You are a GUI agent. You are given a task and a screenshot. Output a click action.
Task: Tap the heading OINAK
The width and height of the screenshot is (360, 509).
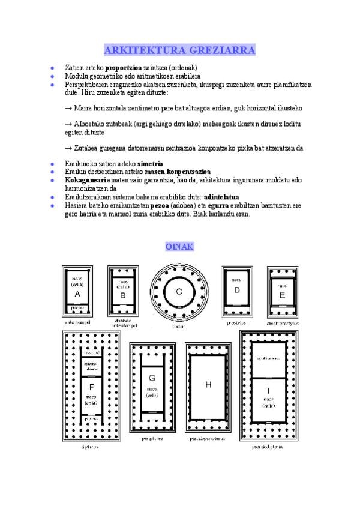[179, 247]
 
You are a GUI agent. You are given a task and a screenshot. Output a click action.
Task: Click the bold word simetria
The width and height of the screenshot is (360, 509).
[150, 163]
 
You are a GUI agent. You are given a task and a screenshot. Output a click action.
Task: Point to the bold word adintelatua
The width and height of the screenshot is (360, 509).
[221, 196]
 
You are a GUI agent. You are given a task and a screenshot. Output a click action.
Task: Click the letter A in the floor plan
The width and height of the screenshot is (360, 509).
[77, 294]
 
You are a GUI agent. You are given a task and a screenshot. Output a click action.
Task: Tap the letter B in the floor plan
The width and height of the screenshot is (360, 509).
[122, 295]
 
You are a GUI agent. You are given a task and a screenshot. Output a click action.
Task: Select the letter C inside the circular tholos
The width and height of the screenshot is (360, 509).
[179, 292]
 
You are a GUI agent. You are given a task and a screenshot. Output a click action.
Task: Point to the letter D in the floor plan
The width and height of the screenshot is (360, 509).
[237, 290]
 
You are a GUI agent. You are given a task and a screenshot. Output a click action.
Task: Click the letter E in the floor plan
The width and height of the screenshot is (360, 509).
[282, 295]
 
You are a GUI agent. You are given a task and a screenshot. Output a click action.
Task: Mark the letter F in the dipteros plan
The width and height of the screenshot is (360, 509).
[91, 386]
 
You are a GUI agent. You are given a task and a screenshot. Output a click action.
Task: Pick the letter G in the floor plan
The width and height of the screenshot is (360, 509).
[152, 378]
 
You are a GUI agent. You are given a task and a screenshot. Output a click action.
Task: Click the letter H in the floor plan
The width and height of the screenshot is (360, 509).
[208, 385]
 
